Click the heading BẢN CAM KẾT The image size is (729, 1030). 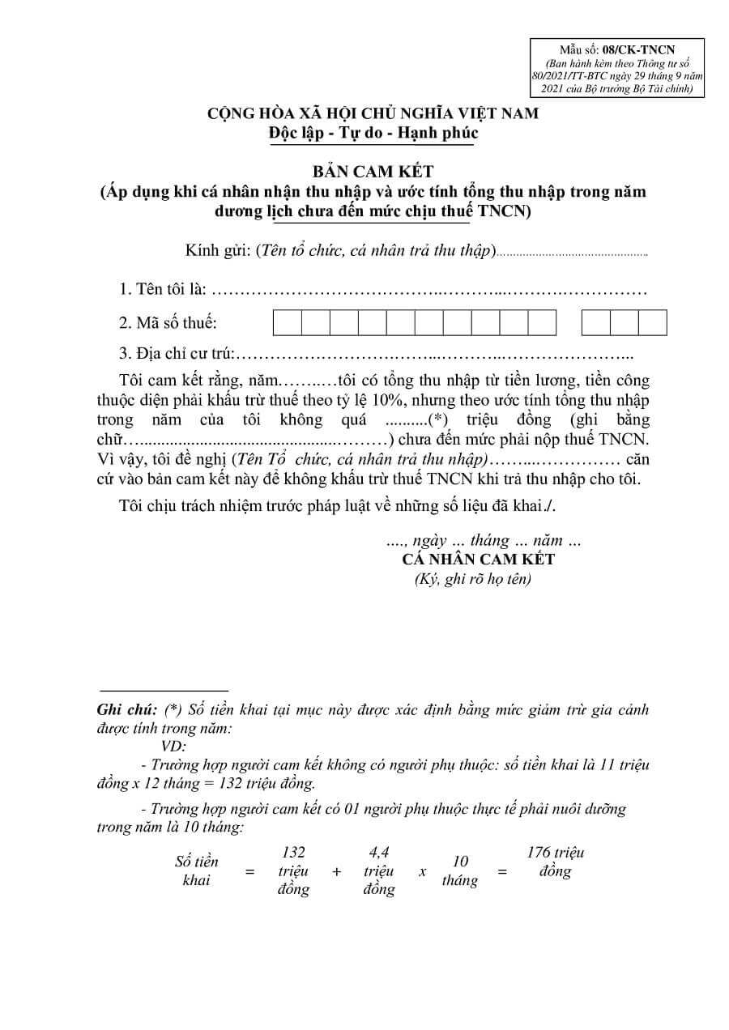(373, 172)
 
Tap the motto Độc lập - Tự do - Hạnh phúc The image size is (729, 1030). (373, 133)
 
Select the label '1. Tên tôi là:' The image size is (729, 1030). (162, 289)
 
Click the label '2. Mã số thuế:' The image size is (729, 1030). (168, 323)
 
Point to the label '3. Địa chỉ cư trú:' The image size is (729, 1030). (177, 354)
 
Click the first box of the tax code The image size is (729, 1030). (287, 322)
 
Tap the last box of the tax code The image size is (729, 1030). (653, 322)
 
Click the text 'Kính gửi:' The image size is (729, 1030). (217, 250)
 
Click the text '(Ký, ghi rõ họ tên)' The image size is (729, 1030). (473, 580)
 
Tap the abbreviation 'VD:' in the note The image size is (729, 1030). (173, 746)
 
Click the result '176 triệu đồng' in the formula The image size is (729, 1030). (556, 862)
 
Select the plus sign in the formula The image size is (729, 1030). (336, 872)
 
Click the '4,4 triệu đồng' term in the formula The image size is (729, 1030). (379, 870)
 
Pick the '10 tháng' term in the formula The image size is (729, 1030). (460, 870)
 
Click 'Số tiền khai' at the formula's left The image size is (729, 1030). (197, 870)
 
